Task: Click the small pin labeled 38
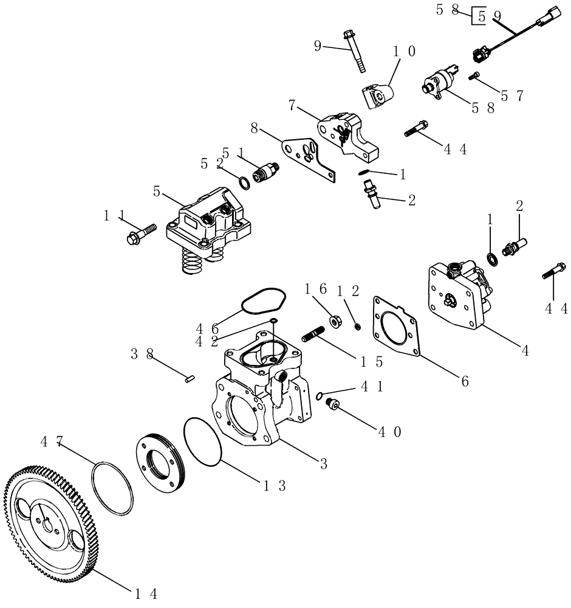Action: [x=189, y=379]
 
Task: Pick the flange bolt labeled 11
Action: [x=140, y=234]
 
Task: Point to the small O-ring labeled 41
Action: [x=319, y=396]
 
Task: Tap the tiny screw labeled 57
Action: [x=475, y=76]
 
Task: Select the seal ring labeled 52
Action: [x=243, y=182]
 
